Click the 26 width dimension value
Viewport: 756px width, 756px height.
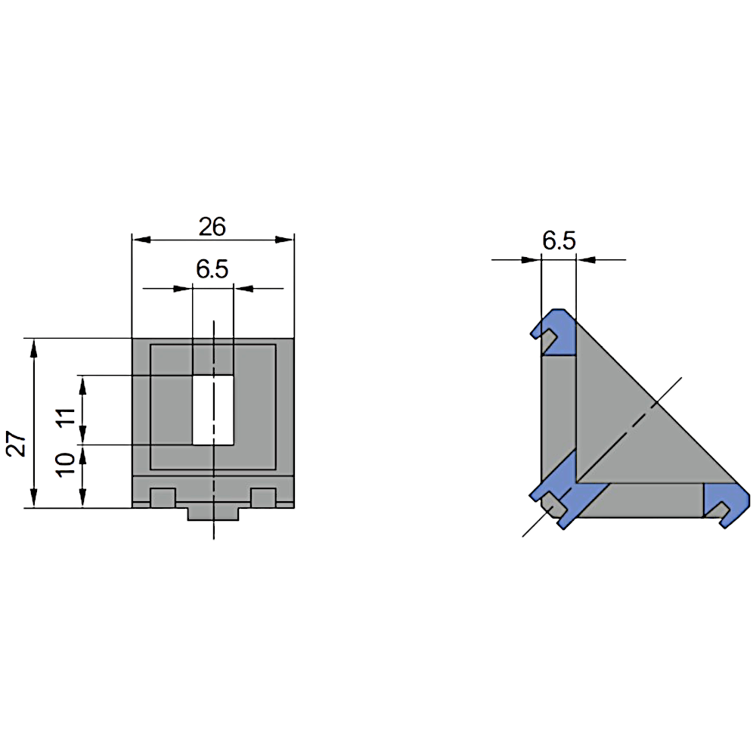click(x=212, y=225)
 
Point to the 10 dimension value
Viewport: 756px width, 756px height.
click(x=67, y=463)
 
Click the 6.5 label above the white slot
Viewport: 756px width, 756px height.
click(x=212, y=269)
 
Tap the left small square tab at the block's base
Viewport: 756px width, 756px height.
click(x=163, y=497)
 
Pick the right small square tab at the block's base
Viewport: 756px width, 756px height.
click(x=263, y=497)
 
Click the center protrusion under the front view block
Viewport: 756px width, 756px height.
click(x=213, y=513)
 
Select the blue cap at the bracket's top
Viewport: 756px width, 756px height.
click(x=556, y=333)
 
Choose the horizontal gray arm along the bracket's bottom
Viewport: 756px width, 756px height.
click(x=643, y=500)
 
